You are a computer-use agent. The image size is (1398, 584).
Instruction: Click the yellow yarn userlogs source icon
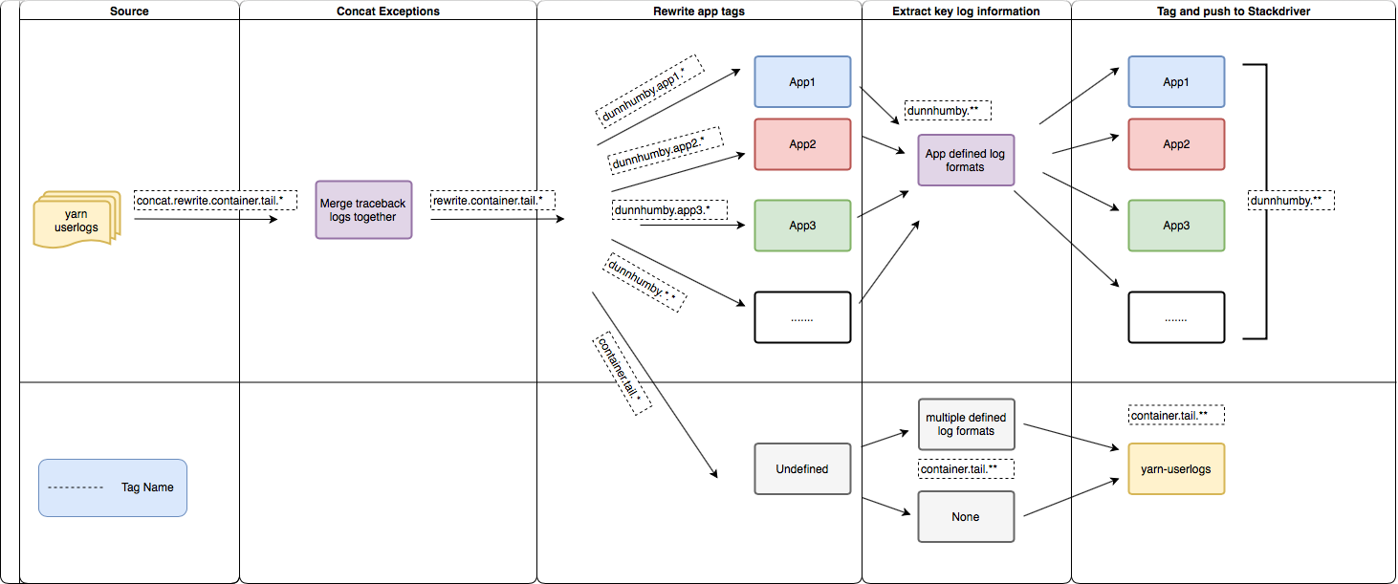point(76,220)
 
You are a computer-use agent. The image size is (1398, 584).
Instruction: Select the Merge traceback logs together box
point(363,209)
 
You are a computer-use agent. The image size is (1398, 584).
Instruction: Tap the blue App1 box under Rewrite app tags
point(801,81)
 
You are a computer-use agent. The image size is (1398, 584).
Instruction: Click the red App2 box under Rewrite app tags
point(801,144)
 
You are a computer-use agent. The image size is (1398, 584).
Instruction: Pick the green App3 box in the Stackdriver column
point(1175,226)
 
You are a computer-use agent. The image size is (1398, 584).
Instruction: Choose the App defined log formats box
point(965,160)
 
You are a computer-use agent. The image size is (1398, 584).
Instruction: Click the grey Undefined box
point(801,468)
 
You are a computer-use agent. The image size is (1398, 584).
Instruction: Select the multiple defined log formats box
point(965,424)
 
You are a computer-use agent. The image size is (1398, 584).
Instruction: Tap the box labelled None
point(965,516)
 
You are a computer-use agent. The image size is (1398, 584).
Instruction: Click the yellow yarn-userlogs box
point(1175,469)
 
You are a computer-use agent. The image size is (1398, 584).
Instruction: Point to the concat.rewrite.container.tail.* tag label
point(215,201)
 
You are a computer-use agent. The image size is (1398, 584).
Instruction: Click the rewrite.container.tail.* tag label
point(493,201)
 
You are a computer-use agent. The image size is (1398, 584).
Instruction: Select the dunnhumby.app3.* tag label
point(668,209)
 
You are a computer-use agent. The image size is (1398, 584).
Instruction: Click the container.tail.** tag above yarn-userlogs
point(1176,416)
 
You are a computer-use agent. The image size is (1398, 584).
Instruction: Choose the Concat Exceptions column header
point(387,11)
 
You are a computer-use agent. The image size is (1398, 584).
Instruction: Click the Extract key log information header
point(965,11)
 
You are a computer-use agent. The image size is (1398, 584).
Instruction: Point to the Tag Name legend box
point(113,487)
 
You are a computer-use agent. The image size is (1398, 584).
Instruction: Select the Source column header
point(129,11)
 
